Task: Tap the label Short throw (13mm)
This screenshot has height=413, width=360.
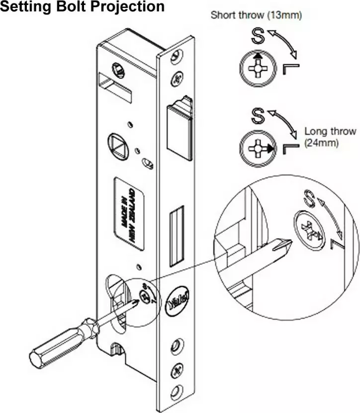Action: coord(257,15)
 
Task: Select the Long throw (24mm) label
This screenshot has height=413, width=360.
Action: coord(330,137)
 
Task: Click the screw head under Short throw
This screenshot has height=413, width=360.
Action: coord(257,68)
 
